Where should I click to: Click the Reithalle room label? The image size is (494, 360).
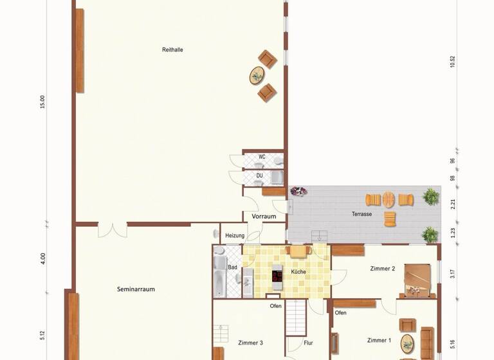pos(172,50)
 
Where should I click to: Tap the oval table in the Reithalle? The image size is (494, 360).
pos(257,76)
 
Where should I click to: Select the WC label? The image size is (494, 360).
pos(262,156)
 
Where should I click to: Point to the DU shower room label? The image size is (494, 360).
pos(260,175)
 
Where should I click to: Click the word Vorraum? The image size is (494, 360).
pos(264,217)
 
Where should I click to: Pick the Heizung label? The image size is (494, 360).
pos(235,236)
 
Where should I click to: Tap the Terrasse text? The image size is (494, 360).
pos(361,214)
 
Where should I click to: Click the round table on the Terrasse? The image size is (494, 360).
pos(389,200)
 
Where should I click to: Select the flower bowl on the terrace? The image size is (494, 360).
pos(298,192)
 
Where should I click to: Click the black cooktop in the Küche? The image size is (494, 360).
pos(277,276)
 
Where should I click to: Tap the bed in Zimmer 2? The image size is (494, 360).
pos(416,282)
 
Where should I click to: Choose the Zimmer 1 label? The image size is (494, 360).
pos(379,340)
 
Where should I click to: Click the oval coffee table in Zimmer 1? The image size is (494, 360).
pos(407,343)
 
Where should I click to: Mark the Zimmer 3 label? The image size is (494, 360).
pos(250,343)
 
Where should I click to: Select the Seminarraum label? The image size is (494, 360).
pos(136,289)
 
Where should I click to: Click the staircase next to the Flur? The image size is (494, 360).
pos(296,316)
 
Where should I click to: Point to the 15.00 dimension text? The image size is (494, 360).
pos(42,102)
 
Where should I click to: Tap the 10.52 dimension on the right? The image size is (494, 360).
pos(453,62)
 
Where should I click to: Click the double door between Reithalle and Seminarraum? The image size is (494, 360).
pos(112,230)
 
